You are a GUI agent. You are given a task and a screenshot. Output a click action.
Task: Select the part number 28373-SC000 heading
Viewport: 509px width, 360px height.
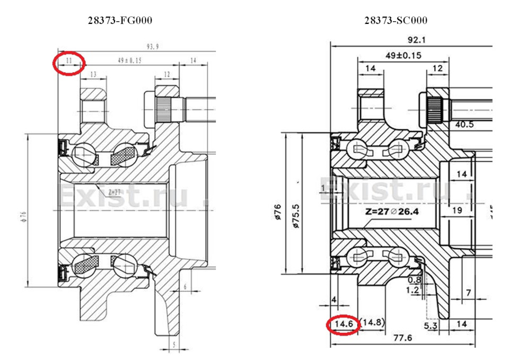pos(396,21)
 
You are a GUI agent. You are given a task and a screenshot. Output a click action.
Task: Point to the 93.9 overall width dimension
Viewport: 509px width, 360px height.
pos(153,47)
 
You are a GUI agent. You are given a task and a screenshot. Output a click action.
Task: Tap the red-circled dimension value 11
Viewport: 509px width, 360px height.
pos(68,62)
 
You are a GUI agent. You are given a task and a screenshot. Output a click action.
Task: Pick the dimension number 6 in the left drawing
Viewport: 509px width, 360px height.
pos(185,287)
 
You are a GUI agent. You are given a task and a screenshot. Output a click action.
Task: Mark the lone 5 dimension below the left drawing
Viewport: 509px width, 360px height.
pos(173,344)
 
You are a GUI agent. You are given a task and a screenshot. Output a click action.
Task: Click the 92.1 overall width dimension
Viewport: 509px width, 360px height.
pos(410,40)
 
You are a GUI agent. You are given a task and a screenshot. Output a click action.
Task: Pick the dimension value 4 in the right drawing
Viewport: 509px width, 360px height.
pos(334,300)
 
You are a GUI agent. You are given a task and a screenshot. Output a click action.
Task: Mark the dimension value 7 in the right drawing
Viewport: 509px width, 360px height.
pos(469,292)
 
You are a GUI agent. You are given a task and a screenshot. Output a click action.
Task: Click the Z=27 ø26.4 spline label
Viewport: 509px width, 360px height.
pos(391,212)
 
